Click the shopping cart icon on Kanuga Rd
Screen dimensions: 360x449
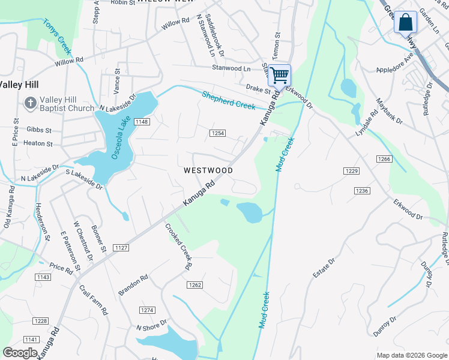tap(279, 75)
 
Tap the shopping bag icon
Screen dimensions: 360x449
tap(406, 22)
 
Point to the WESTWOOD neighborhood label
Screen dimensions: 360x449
tap(208, 170)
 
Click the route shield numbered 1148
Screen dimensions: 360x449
tap(142, 122)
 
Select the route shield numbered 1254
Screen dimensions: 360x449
tap(217, 133)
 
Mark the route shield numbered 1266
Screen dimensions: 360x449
tap(384, 159)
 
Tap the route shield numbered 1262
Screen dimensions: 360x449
tap(194, 285)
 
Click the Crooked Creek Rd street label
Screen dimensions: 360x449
tap(179, 246)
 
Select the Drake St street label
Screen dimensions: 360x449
tap(259, 88)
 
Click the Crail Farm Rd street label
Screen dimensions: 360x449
tap(97, 299)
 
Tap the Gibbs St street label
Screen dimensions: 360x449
tap(39, 130)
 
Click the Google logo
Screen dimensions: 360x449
tap(20, 353)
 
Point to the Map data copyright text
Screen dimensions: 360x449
tap(411, 355)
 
